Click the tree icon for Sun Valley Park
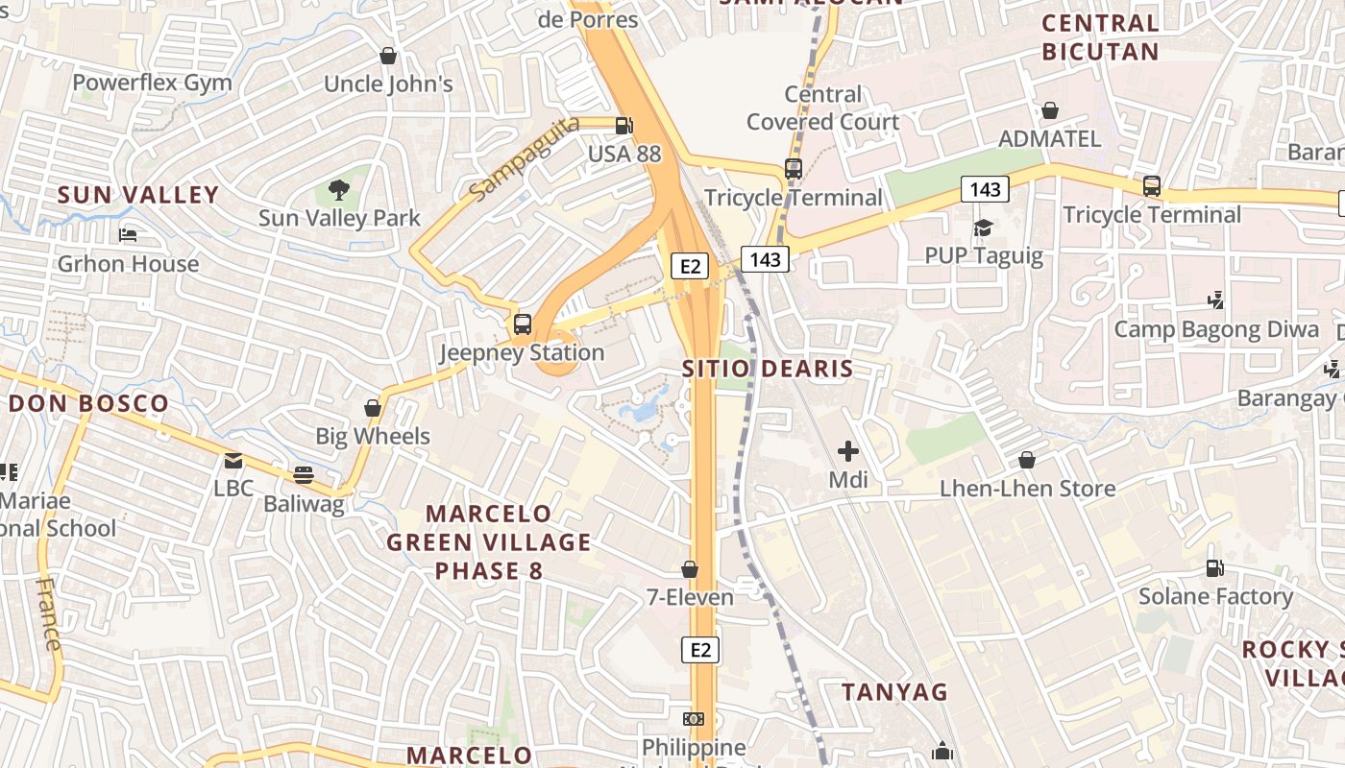[338, 190]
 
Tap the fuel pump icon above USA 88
[624, 125]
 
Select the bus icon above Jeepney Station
[523, 324]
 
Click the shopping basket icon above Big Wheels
[373, 409]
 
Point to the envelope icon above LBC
[233, 461]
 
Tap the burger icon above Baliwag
[304, 475]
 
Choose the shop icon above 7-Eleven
[690, 569]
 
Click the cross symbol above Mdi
[847, 450]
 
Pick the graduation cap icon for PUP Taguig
[983, 228]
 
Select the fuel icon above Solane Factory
[1214, 568]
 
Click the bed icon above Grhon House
[128, 235]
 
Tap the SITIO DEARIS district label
[768, 369]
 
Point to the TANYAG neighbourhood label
[894, 692]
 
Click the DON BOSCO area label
[88, 403]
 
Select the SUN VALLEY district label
[138, 195]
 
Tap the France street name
[49, 614]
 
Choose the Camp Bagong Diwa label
[1216, 330]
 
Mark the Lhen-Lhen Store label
[1027, 489]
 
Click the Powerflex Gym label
[152, 83]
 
